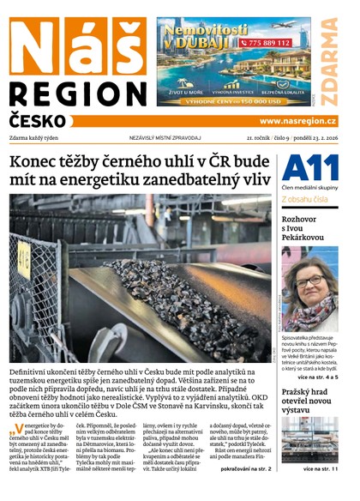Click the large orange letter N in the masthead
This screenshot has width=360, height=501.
(32, 46)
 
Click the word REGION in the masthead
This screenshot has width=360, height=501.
(78, 94)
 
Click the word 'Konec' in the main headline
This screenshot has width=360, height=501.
(34, 162)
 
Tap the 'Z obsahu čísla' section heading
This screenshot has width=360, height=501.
(304, 199)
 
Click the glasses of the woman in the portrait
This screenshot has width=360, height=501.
(309, 281)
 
